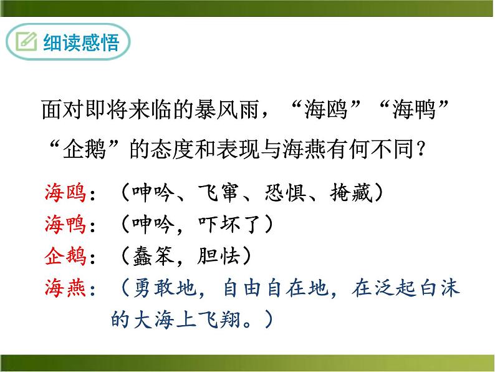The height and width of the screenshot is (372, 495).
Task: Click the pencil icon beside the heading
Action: point(27,43)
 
